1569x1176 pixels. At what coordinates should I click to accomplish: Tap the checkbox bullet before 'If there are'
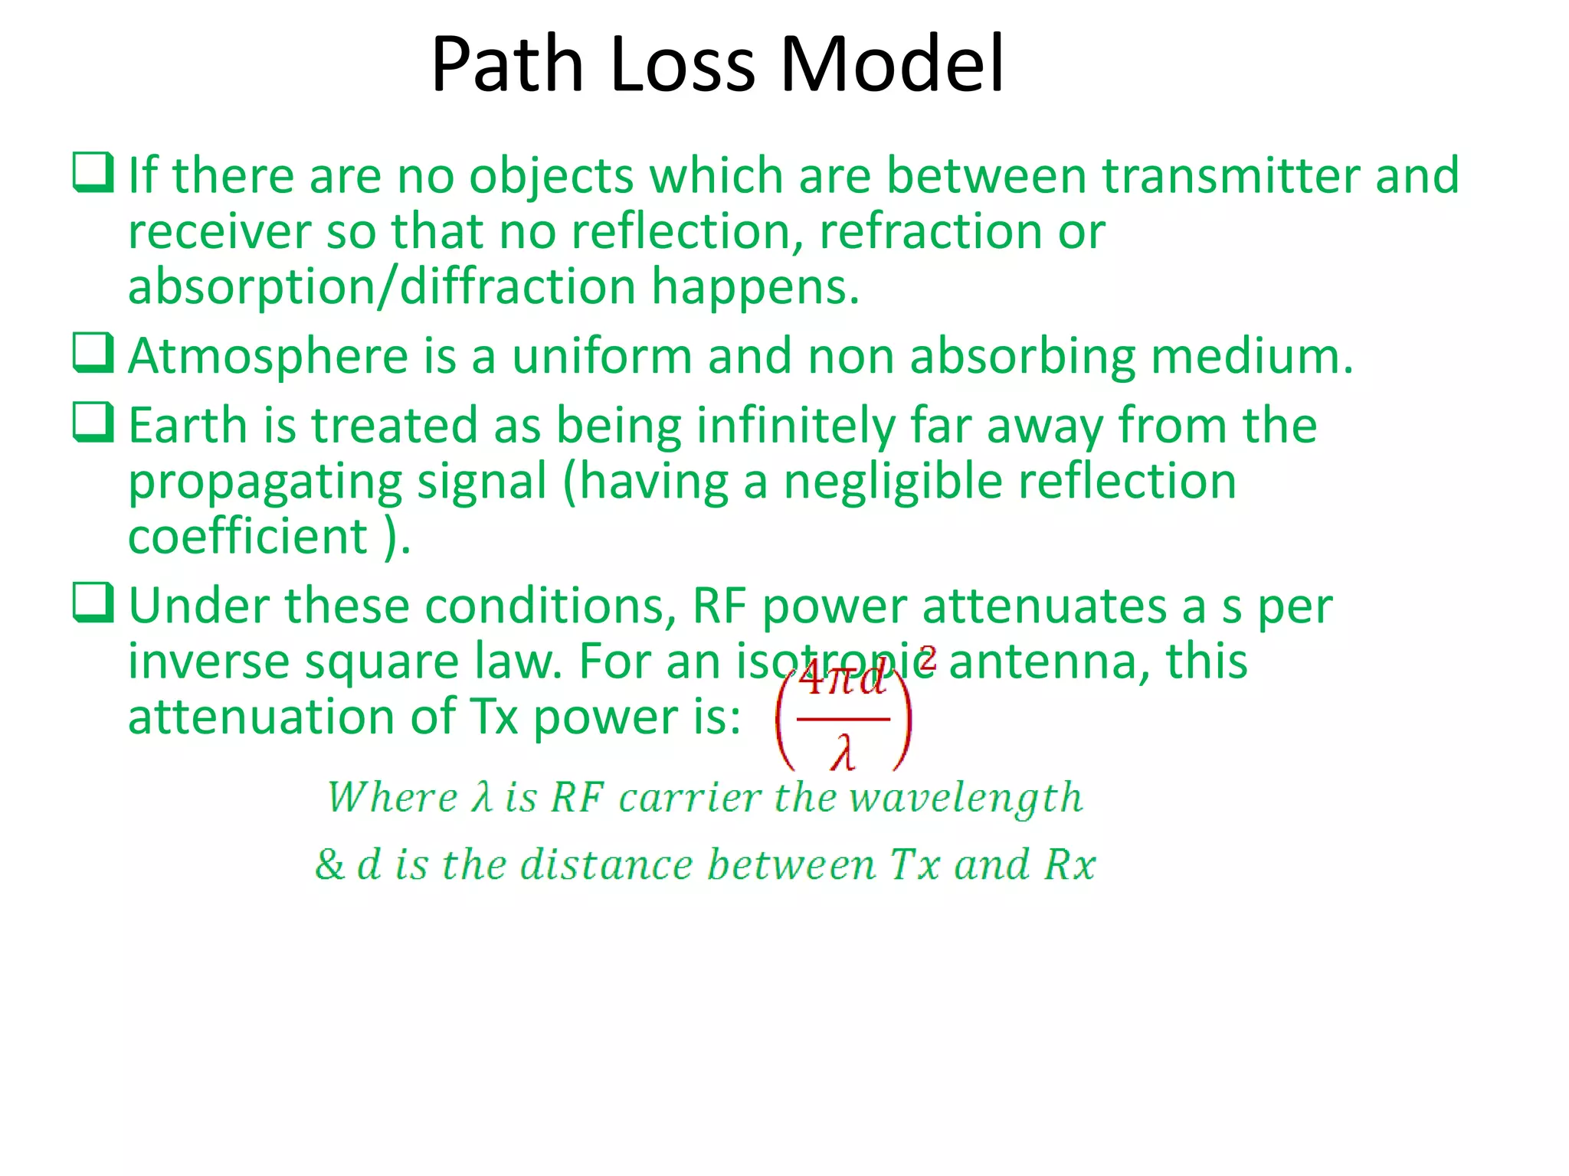93,172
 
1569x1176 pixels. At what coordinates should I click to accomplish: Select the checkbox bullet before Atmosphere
93,353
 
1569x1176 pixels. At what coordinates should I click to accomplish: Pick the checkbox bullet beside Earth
93,423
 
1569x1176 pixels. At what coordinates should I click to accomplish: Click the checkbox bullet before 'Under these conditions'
93,603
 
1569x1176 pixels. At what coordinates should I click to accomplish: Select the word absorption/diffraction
382,288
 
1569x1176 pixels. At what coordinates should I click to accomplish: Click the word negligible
893,482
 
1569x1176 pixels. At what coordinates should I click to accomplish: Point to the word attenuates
1044,606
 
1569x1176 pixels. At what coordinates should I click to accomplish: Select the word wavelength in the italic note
966,798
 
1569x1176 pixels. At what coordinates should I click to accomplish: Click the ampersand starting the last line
329,865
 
